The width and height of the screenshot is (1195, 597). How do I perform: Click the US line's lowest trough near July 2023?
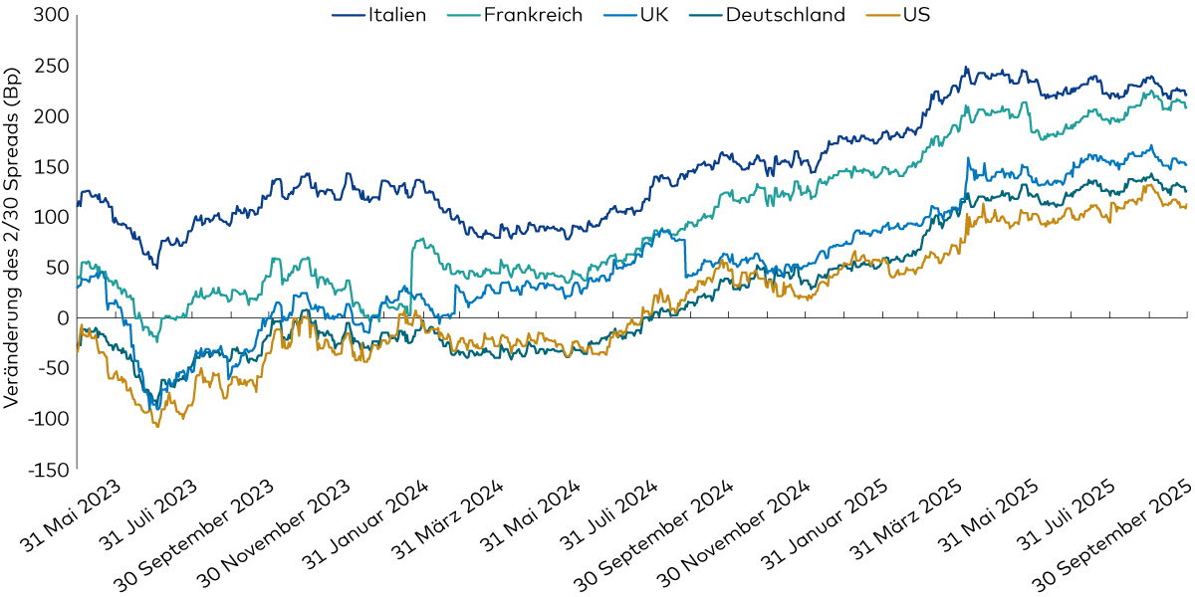[157, 426]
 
